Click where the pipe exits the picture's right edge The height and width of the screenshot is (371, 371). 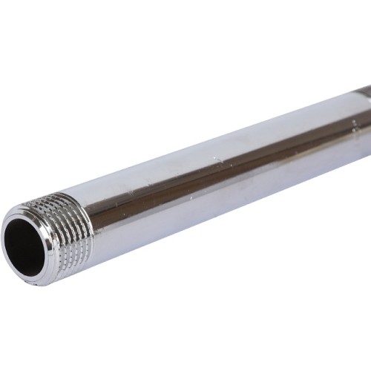click(x=369, y=119)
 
